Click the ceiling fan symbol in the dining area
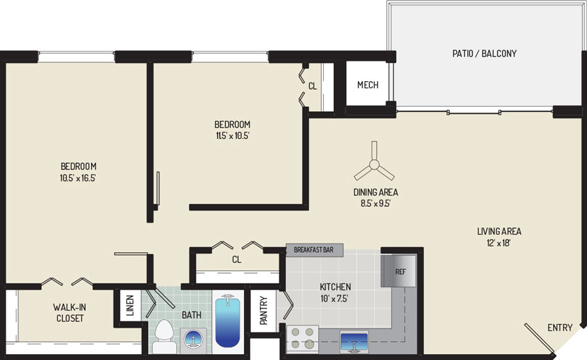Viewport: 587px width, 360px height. pyautogui.click(x=374, y=164)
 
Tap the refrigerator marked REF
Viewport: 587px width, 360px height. pyautogui.click(x=399, y=271)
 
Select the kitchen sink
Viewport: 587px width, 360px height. pyautogui.click(x=354, y=342)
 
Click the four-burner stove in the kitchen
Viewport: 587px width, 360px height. pyautogui.click(x=302, y=338)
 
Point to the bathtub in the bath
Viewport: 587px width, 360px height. pyautogui.click(x=228, y=321)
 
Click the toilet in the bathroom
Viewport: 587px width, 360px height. pyautogui.click(x=164, y=336)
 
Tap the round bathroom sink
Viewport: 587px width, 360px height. pyautogui.click(x=193, y=340)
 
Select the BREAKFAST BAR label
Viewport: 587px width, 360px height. pyautogui.click(x=313, y=249)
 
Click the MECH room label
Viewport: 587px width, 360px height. pyautogui.click(x=368, y=85)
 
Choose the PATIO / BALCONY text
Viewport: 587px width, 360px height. pyautogui.click(x=484, y=54)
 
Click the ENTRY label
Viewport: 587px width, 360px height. pyautogui.click(x=560, y=328)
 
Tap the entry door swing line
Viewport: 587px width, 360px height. pyautogui.click(x=539, y=338)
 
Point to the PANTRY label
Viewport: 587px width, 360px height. pyautogui.click(x=264, y=310)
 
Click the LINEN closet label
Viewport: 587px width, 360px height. pyautogui.click(x=130, y=305)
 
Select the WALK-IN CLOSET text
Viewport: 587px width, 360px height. pyautogui.click(x=69, y=313)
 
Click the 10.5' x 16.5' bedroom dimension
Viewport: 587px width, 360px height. pyautogui.click(x=78, y=178)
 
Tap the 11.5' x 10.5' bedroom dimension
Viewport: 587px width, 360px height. pyautogui.click(x=232, y=135)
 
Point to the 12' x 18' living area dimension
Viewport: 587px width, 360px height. pyautogui.click(x=499, y=243)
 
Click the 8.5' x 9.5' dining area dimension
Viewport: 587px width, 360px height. pyautogui.click(x=376, y=204)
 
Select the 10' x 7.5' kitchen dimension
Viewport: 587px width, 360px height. pyautogui.click(x=334, y=298)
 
